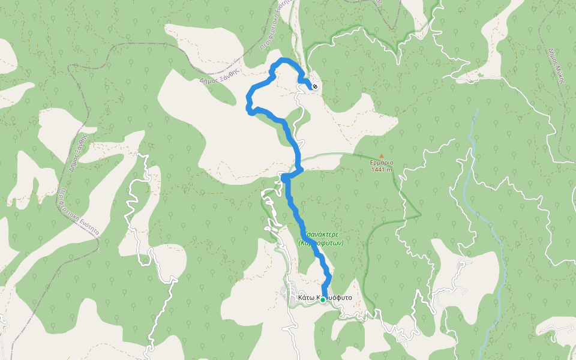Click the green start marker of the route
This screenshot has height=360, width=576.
[323, 299]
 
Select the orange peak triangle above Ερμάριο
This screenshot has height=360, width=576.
[381, 156]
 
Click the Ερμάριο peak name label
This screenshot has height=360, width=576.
[381, 163]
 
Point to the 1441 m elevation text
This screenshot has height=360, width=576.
[381, 169]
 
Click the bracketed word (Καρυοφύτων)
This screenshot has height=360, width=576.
[320, 243]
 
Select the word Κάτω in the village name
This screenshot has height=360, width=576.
[305, 298]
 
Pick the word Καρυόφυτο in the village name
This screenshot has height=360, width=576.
[336, 298]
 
